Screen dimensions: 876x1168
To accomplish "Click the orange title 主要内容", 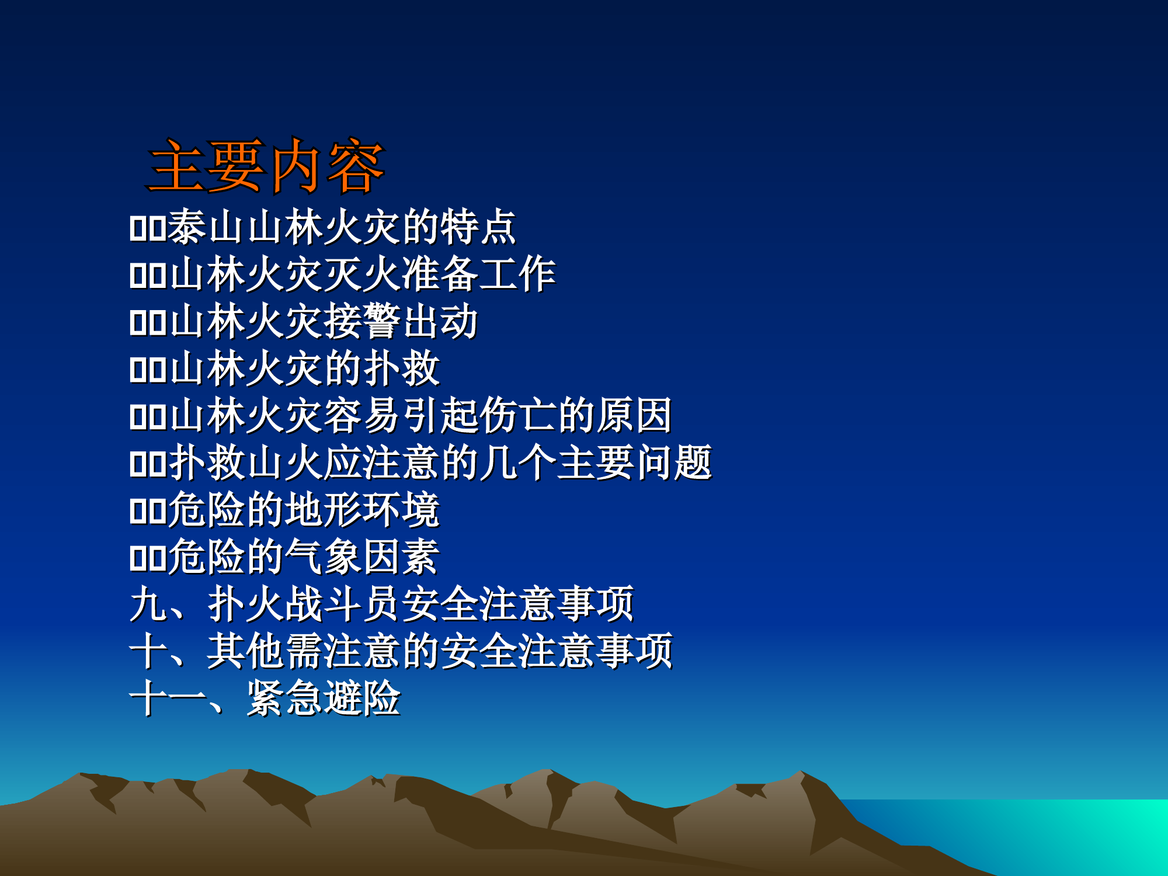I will click(x=266, y=167).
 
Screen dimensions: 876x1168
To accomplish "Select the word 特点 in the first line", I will click(x=478, y=227).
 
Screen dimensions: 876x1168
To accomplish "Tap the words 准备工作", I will click(x=478, y=274).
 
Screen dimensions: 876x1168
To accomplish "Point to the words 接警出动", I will click(x=401, y=321).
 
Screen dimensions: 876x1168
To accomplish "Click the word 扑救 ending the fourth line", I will click(x=401, y=369).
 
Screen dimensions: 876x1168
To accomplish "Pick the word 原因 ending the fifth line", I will click(x=634, y=416).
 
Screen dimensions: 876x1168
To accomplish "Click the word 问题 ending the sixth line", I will click(x=673, y=463).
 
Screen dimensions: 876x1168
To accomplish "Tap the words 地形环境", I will click(x=362, y=510).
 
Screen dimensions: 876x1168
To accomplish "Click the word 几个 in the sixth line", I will click(x=517, y=463).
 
